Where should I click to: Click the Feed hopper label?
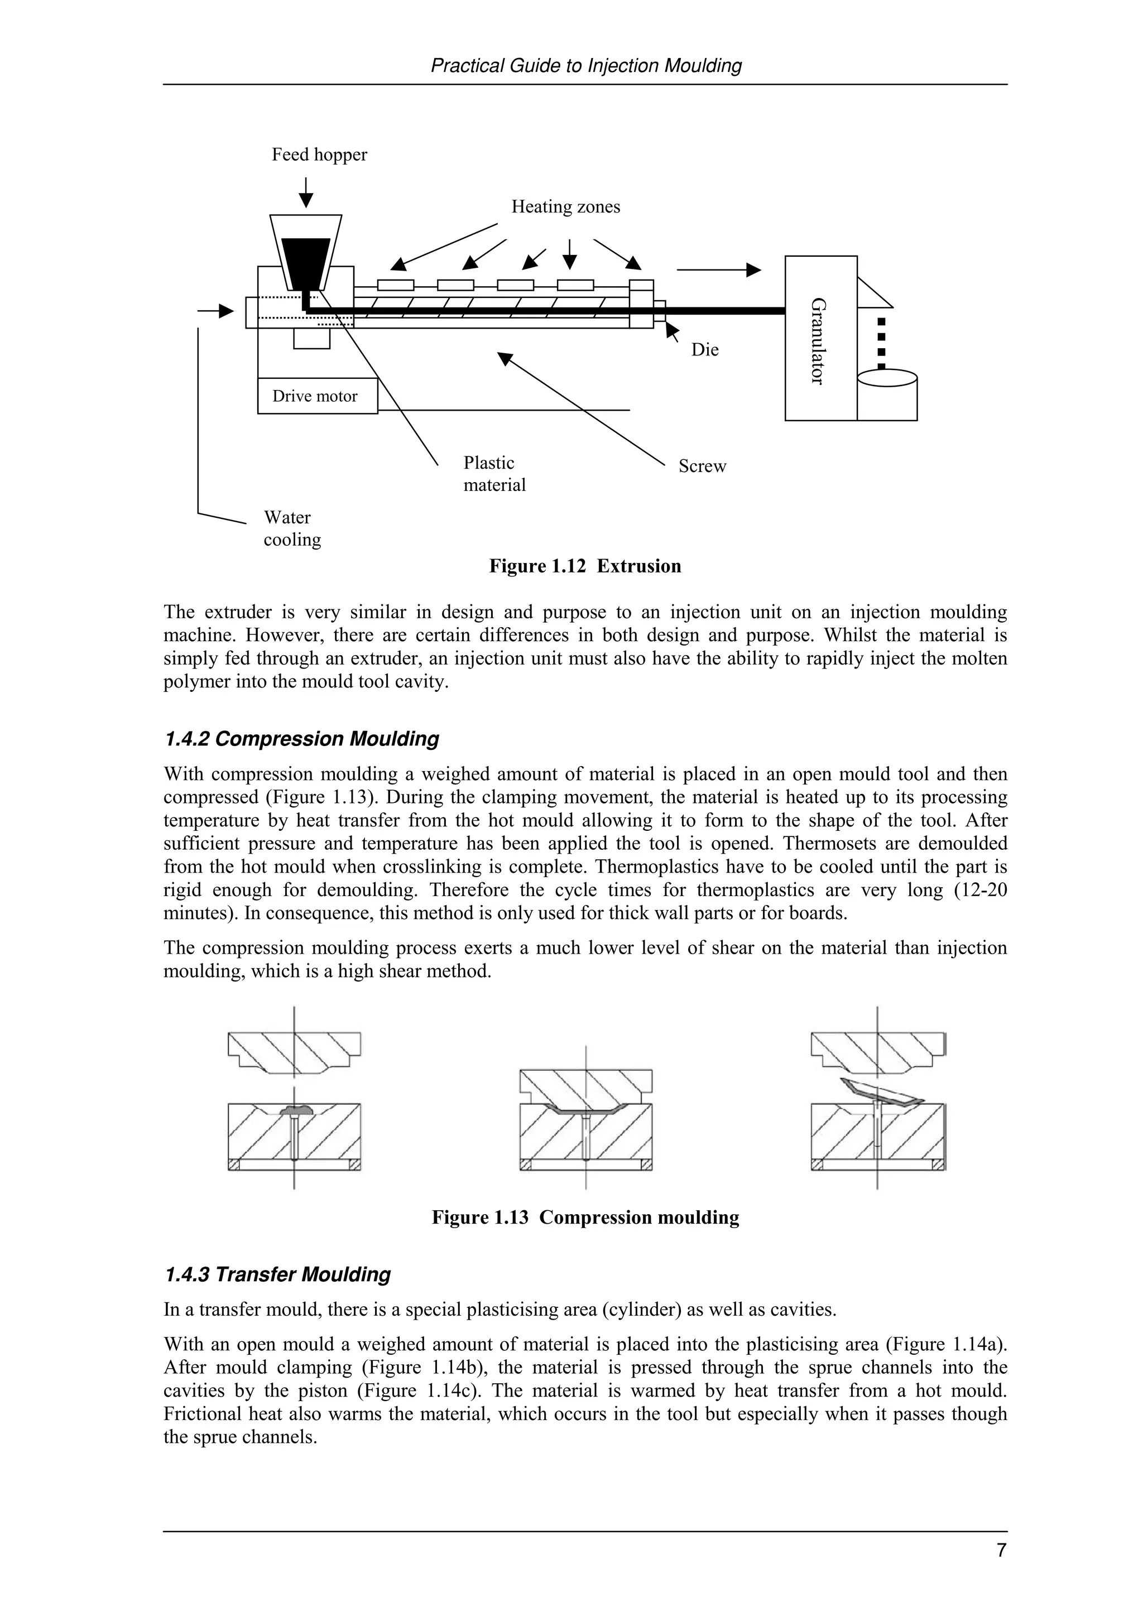click(319, 155)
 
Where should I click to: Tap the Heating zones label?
click(565, 207)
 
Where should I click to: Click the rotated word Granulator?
click(818, 341)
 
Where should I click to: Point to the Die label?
click(704, 350)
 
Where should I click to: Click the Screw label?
click(702, 466)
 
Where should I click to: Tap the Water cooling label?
click(291, 528)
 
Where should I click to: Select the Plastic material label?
click(494, 474)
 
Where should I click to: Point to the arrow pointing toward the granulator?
click(718, 269)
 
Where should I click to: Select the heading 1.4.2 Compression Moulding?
click(301, 739)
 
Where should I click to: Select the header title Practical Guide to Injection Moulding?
click(585, 66)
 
